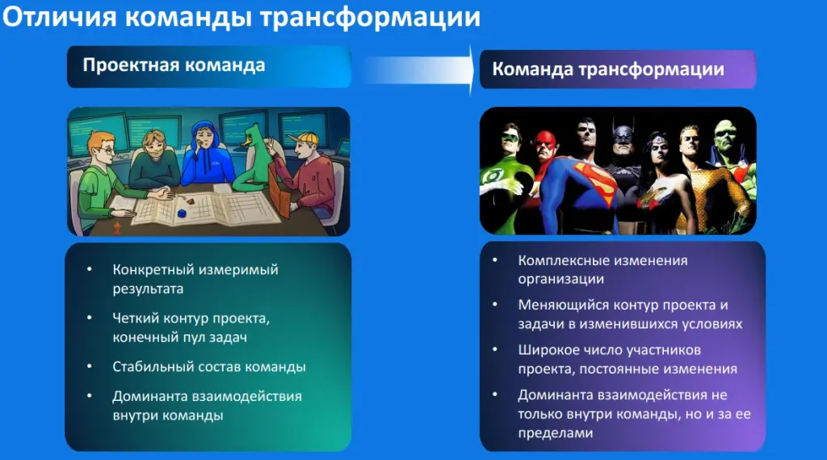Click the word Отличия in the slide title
(60, 17)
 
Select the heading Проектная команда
(174, 65)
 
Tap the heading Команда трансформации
(608, 70)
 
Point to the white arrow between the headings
(419, 70)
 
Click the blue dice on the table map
(182, 213)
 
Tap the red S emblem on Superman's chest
(594, 186)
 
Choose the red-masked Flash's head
(545, 145)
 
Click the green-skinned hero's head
(726, 137)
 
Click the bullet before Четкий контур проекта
(90, 318)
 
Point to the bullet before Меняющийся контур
(495, 305)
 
